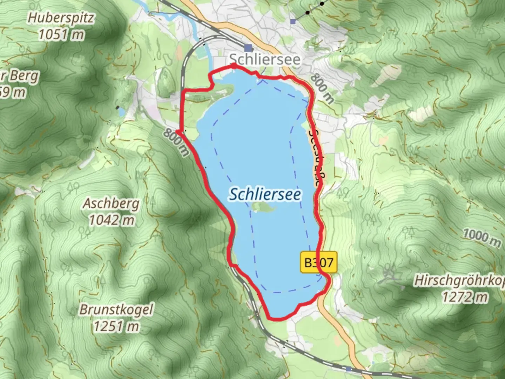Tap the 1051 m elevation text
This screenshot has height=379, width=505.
click(x=61, y=35)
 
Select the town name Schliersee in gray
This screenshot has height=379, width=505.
click(x=265, y=59)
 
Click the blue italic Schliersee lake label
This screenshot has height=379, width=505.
click(x=265, y=194)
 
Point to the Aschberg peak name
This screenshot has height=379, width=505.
click(x=111, y=204)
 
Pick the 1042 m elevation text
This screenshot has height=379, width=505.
click(x=111, y=220)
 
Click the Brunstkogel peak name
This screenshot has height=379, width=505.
click(x=116, y=310)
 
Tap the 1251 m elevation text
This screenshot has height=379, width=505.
click(x=116, y=326)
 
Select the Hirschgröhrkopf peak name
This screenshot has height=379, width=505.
click(x=459, y=281)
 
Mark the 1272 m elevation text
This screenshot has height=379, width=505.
click(x=464, y=298)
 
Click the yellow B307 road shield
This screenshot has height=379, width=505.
click(x=318, y=262)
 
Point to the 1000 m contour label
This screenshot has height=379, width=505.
click(x=482, y=238)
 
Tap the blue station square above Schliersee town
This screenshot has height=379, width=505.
click(x=249, y=48)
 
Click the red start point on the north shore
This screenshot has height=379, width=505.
click(x=233, y=66)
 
